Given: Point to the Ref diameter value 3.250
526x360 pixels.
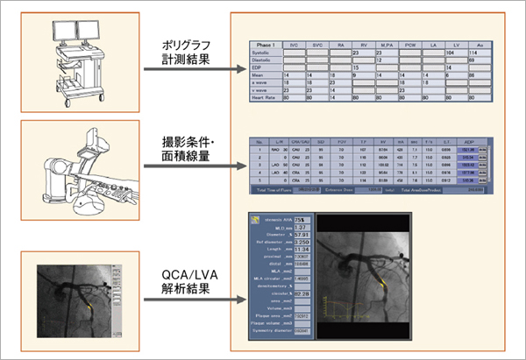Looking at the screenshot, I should [301, 239].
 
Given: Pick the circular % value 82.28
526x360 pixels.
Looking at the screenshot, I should [301, 294].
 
